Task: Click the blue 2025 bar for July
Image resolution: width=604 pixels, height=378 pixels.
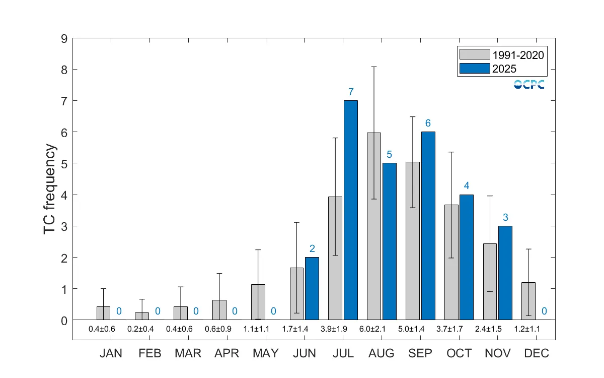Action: (x=350, y=210)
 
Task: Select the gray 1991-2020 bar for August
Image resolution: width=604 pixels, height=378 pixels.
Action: (x=374, y=226)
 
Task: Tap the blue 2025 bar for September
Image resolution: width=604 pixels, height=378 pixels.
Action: (x=428, y=226)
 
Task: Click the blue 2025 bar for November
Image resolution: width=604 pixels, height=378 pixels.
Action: (x=505, y=273)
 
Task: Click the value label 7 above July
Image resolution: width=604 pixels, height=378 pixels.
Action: (x=351, y=92)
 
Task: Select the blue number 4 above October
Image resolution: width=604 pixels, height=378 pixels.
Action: (x=467, y=186)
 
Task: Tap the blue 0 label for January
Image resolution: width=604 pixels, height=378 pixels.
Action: (x=119, y=311)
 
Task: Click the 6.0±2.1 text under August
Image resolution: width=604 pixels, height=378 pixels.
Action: (x=382, y=329)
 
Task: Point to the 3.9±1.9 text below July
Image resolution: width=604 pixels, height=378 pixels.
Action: (x=343, y=329)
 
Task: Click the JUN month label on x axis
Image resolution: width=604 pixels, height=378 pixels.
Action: (x=305, y=353)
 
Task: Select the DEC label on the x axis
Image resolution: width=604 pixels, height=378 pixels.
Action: (x=537, y=353)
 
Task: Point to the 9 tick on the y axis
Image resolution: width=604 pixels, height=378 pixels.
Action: (x=64, y=38)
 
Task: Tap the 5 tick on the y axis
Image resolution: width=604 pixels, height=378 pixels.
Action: (x=64, y=163)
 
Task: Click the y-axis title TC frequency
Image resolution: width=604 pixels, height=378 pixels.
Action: (x=50, y=189)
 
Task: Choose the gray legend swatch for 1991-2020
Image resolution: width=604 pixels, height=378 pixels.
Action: (x=474, y=54)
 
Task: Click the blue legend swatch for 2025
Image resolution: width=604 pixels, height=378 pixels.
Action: (x=474, y=68)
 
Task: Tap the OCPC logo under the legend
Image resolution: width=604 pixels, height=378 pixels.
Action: (x=529, y=85)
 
